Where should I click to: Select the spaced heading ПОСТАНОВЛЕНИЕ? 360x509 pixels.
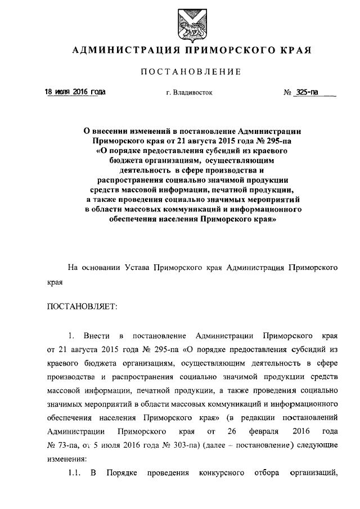tap(191, 71)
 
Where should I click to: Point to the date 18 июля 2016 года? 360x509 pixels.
tap(75, 92)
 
